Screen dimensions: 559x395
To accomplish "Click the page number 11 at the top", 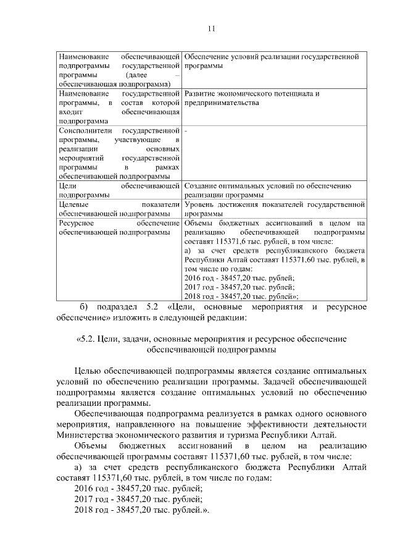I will pos(211,28).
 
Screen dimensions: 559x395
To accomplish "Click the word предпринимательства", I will pos(221,103).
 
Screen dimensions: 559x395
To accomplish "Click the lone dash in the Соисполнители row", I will pos(186,131).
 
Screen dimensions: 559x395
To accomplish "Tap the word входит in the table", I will pos(69,112).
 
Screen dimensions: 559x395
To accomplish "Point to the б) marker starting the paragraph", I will pos(84,307).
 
